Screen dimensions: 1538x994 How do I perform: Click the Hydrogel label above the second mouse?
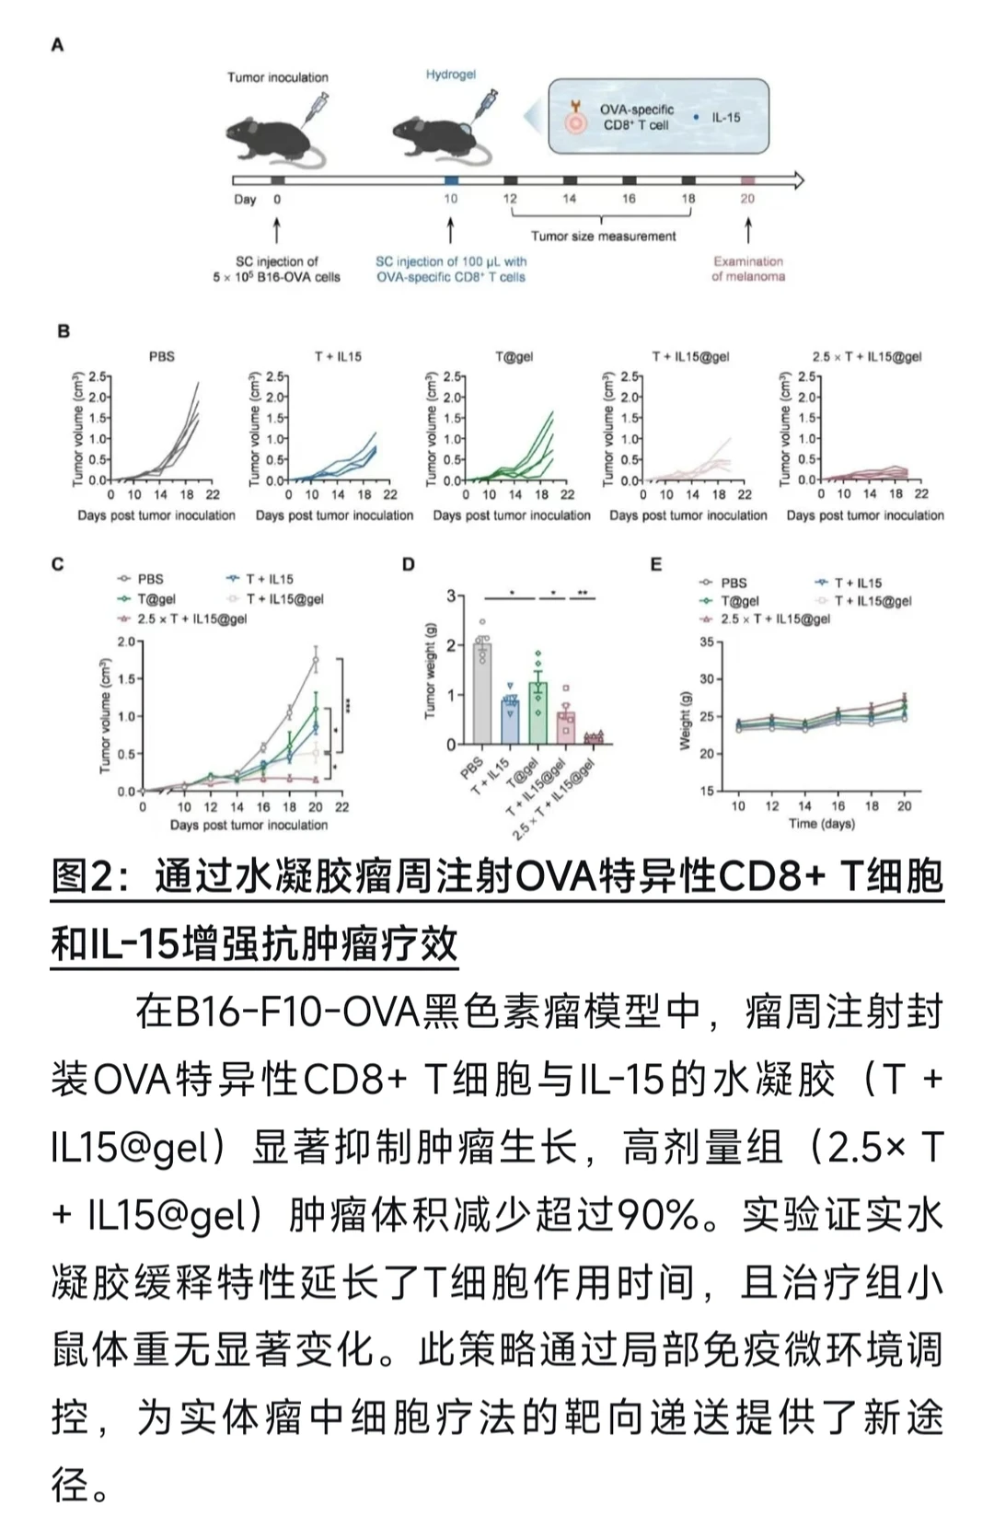450,74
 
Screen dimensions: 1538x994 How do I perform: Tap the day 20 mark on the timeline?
747,198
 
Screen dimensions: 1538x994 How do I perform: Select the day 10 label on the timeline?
450,198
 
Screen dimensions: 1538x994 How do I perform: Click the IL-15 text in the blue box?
725,118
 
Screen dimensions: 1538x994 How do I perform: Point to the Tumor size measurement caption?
603,237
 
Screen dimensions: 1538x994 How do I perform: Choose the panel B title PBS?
161,356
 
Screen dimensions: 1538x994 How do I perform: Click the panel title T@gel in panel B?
514,356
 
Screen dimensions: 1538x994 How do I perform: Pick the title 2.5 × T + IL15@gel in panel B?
866,356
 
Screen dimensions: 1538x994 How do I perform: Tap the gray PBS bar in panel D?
481,700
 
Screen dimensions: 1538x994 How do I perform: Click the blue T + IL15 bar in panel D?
509,723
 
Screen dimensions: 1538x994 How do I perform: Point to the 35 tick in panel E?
706,642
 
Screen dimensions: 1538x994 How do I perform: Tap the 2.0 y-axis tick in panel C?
125,642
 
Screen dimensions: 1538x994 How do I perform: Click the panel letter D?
409,564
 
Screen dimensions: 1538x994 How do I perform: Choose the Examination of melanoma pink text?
747,269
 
